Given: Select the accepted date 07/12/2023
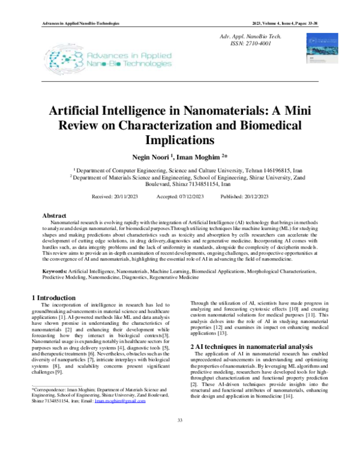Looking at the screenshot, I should [189, 197].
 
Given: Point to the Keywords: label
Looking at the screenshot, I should [55, 272].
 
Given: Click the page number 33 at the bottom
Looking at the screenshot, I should [179, 437].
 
